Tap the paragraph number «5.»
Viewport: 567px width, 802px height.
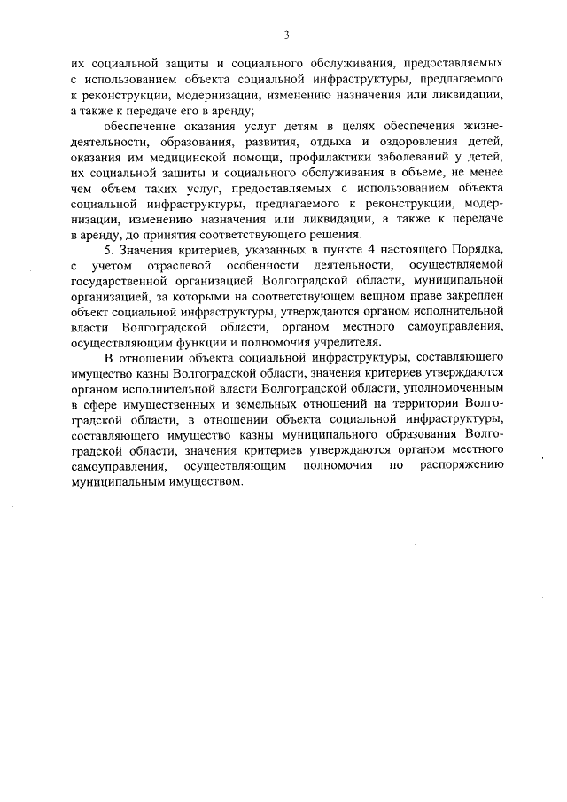click(x=111, y=250)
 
